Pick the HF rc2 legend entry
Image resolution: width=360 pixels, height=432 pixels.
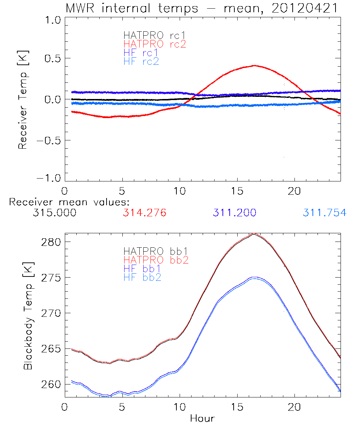point(141,61)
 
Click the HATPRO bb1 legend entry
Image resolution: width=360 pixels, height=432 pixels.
point(156,251)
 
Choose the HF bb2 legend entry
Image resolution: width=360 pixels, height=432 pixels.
point(142,277)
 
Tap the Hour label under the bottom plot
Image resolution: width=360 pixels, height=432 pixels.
point(202,418)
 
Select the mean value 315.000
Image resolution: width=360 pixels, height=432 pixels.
point(54,213)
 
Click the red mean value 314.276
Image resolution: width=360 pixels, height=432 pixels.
point(144,213)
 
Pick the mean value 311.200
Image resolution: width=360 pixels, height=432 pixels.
point(234,213)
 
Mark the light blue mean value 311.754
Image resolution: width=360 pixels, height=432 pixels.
point(324,213)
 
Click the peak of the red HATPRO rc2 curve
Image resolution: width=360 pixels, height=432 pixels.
point(255,66)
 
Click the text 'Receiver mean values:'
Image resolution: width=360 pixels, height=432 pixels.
point(69,202)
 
